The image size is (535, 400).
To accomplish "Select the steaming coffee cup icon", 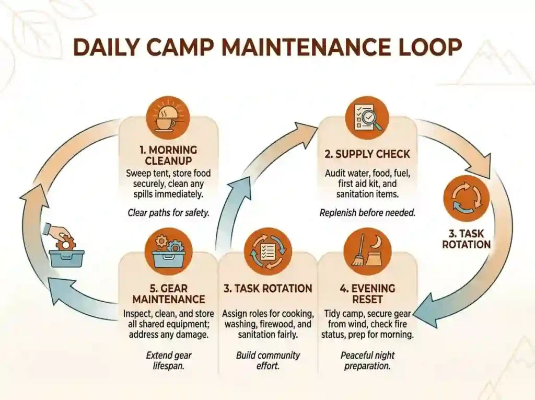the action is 168,118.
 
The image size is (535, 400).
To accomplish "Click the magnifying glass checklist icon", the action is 367,118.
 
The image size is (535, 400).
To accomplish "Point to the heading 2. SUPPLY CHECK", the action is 367,154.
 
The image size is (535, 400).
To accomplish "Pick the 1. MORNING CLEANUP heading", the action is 168,155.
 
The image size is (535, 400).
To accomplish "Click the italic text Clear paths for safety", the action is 168,213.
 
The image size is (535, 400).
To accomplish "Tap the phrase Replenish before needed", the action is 367,213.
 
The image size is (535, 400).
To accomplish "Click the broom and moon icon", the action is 367,251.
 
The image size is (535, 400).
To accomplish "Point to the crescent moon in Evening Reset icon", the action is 377,242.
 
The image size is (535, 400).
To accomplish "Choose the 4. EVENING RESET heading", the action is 367,294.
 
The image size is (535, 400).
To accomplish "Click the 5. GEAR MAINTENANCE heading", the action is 169,294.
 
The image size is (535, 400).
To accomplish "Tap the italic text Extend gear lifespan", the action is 169,361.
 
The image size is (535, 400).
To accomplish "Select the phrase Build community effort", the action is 268,361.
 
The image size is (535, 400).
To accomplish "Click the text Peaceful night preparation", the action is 367,361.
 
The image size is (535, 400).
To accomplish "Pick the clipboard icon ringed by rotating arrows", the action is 268,252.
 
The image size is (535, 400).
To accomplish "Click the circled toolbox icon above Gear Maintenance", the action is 169,252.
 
